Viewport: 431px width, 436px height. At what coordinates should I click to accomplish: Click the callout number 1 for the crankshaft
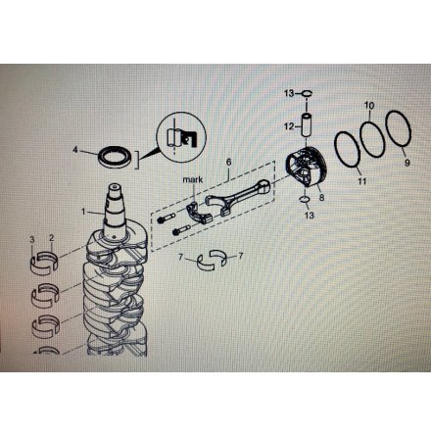coord(83,212)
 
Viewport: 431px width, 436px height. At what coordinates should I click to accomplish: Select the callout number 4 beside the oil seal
coord(75,150)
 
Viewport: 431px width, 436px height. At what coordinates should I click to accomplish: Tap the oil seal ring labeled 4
coord(116,157)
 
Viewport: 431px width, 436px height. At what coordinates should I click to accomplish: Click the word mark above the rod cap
coord(193,179)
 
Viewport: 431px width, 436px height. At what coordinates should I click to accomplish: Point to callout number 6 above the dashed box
coord(228,162)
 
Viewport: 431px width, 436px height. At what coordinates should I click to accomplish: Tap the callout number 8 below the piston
coord(322,197)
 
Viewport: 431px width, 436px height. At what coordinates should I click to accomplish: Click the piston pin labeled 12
coord(307,125)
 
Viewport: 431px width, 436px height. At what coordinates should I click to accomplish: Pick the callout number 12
coord(289,126)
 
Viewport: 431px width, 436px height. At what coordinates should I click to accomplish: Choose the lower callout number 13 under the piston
coord(309,216)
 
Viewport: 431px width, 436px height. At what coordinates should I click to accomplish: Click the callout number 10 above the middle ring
coord(369,106)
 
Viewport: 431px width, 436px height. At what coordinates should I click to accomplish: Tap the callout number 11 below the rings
coord(362,180)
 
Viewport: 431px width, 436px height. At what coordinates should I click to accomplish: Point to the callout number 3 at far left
coord(32,240)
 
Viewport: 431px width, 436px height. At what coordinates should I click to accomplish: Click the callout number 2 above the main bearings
coord(52,238)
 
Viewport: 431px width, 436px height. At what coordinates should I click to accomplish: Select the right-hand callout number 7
coord(241,256)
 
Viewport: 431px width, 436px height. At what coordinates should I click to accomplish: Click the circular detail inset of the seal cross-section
coord(182,137)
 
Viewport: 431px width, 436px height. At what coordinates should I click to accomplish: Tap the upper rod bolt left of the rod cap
coord(167,218)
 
